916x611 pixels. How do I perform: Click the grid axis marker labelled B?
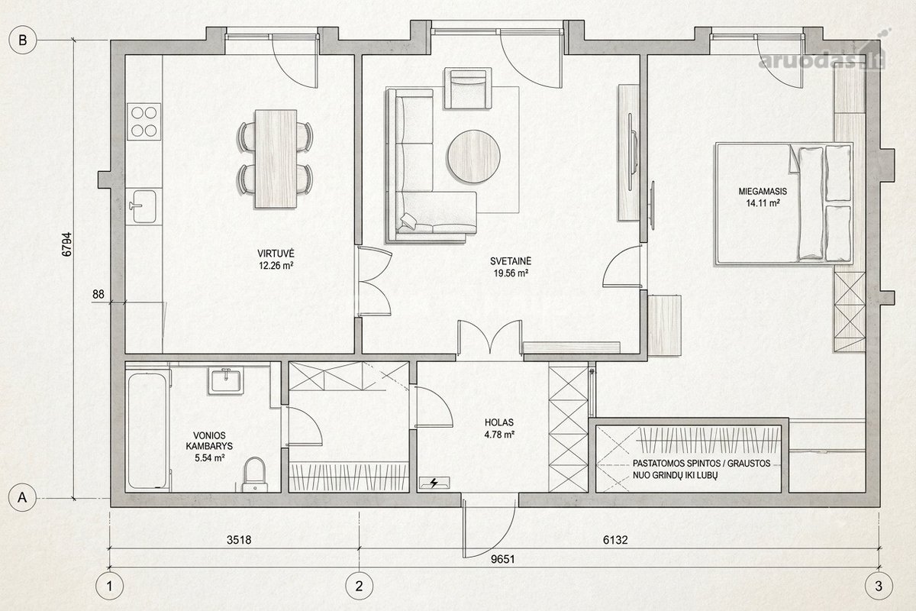tap(22, 40)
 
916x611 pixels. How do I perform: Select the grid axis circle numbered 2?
tap(359, 586)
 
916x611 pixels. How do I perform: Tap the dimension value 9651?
tap(502, 559)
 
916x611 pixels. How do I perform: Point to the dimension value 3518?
tap(239, 540)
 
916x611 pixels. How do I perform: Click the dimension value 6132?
tap(615, 540)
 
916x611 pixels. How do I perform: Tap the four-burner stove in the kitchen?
tap(144, 121)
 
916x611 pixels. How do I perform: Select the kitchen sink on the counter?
tap(142, 206)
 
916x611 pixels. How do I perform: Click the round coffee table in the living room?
tap(474, 157)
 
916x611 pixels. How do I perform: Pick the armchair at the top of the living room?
tap(468, 89)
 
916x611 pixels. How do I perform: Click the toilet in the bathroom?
tap(254, 475)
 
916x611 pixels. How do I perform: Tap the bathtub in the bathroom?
tap(147, 430)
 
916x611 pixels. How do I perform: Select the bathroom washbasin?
tap(226, 380)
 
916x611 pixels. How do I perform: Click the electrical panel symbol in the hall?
tap(434, 483)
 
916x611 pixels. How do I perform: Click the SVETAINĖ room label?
tap(511, 260)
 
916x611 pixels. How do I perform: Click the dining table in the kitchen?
tap(276, 159)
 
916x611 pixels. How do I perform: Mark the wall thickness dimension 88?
tap(98, 294)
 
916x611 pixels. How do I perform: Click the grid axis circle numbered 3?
tap(879, 586)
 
